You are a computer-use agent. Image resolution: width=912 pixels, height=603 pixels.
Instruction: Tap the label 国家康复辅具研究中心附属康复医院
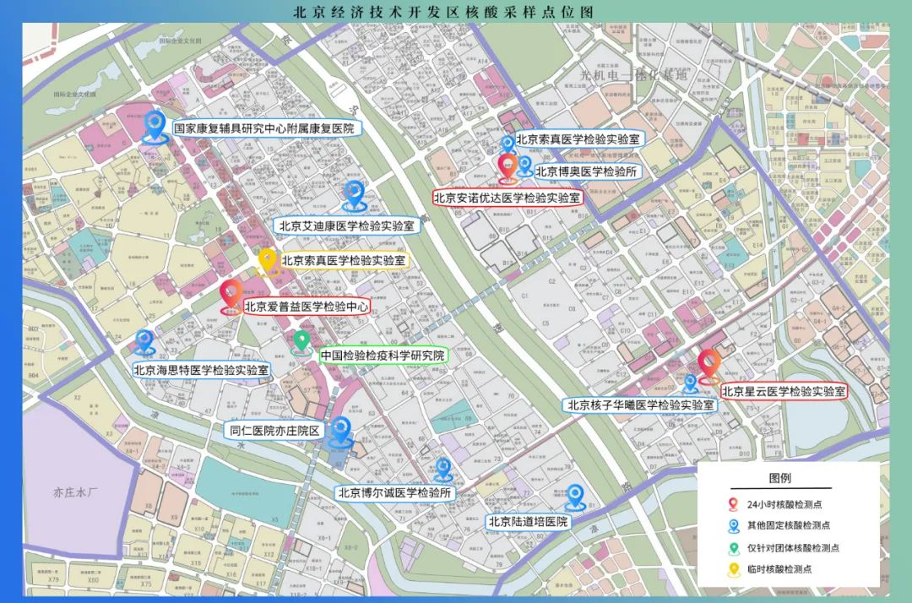click(263, 129)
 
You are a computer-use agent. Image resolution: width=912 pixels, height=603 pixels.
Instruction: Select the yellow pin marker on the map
click(268, 261)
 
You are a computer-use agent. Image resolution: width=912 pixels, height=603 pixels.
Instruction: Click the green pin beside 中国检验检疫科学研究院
click(301, 341)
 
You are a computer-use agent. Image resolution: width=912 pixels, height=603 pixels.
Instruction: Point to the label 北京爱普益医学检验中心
click(307, 307)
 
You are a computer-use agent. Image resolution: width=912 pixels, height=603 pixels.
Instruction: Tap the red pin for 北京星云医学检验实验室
click(708, 364)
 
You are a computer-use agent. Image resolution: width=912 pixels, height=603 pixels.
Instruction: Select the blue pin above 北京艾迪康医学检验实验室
click(354, 195)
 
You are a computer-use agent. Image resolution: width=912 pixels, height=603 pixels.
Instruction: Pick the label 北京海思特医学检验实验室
click(201, 370)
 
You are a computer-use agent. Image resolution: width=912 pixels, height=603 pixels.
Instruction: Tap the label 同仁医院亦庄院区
click(276, 431)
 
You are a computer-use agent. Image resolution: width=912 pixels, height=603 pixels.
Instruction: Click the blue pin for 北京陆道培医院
click(576, 496)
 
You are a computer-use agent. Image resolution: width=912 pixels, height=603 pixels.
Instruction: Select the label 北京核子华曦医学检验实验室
click(640, 405)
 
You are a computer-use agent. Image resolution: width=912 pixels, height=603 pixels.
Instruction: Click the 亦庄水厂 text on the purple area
click(75, 491)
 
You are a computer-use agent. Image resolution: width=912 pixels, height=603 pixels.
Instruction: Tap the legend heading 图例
click(780, 477)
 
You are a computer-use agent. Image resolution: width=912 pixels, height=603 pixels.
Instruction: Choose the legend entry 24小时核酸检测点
click(784, 504)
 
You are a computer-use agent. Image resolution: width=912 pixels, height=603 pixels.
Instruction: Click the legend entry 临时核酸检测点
click(779, 570)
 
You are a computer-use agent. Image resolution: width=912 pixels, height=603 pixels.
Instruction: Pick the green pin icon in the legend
click(731, 548)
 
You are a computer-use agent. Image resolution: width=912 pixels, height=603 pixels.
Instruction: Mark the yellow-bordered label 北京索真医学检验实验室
click(343, 261)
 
